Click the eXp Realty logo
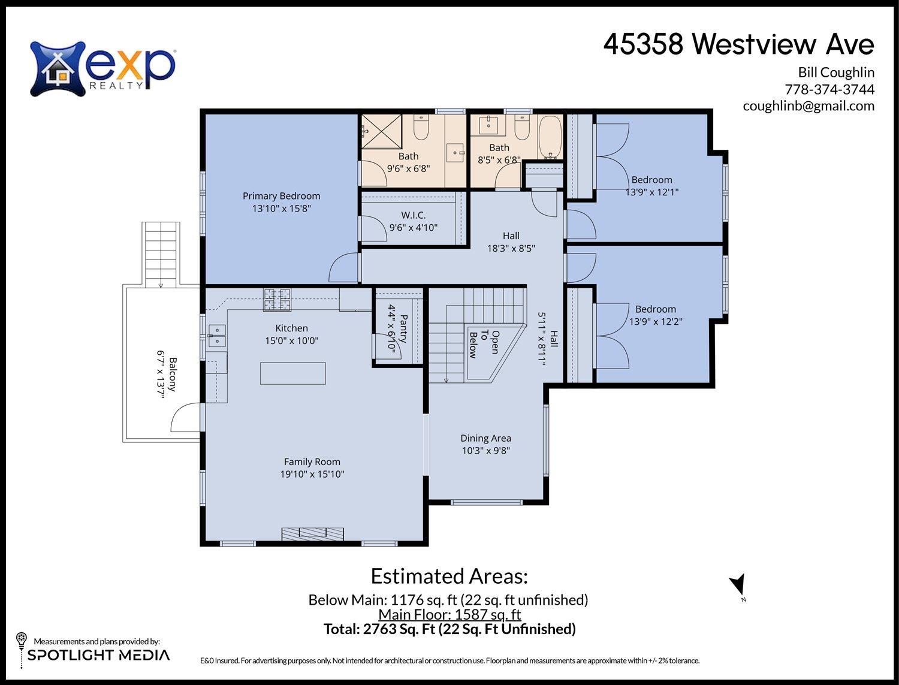pos(102,68)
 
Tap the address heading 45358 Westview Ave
pos(738,44)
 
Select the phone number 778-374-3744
pos(829,89)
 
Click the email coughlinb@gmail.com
pos(808,106)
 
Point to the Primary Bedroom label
pos(281,196)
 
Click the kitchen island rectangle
pos(293,373)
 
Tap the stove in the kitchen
pos(277,300)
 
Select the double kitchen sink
pos(216,336)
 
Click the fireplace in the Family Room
pos(313,534)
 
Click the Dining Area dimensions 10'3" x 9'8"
pos(485,451)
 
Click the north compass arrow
pos(738,584)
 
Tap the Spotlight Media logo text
pos(98,655)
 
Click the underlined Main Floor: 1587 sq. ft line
pos(450,614)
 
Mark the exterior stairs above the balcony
pos(161,253)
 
